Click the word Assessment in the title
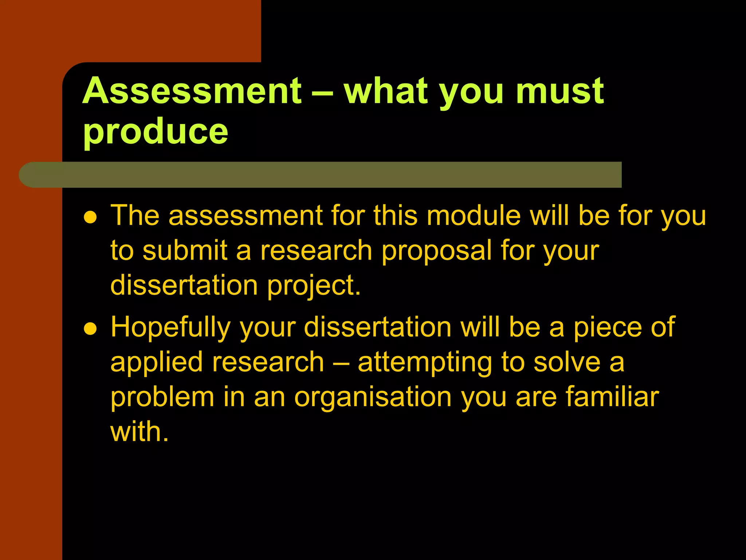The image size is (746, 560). [x=192, y=91]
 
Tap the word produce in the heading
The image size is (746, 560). [x=156, y=131]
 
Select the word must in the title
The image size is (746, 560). [x=560, y=91]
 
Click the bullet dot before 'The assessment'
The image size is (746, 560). [x=90, y=218]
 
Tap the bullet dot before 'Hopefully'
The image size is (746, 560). [x=90, y=329]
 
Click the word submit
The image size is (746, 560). [x=185, y=250]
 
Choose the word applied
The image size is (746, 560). [x=156, y=363]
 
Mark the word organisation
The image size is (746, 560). [x=373, y=398]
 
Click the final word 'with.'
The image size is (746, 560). [x=140, y=432]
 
